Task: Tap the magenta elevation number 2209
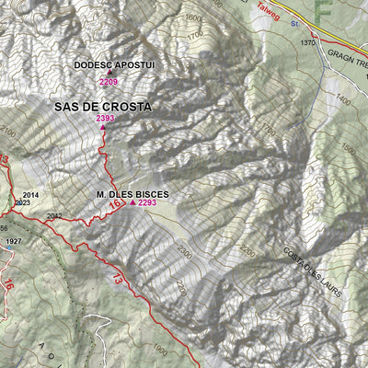(x=109, y=82)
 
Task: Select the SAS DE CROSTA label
(x=102, y=107)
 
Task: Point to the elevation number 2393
(x=105, y=118)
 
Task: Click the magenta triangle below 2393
(x=101, y=128)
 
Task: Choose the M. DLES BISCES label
(x=132, y=195)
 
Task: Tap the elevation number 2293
(x=147, y=203)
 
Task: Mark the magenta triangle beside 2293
(x=132, y=203)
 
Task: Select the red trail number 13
(x=118, y=277)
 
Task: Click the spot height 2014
(x=31, y=195)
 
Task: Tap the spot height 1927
(x=13, y=241)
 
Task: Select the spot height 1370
(x=307, y=43)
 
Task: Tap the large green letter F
(x=322, y=11)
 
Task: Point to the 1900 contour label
(x=160, y=350)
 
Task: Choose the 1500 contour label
(x=348, y=149)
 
